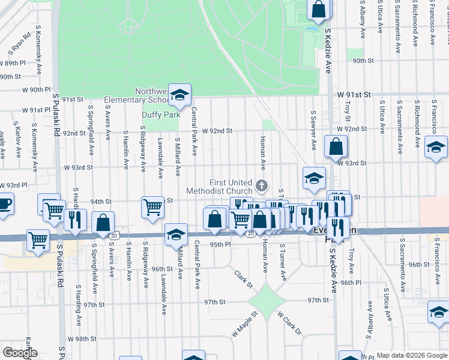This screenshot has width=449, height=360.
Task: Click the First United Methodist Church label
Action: click(230, 187)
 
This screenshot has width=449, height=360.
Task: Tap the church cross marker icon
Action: click(261, 185)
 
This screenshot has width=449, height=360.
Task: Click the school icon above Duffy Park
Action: click(179, 95)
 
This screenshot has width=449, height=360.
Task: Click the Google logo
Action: click(19, 353)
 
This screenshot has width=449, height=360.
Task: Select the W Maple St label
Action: click(244, 323)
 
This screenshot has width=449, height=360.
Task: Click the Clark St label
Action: click(244, 279)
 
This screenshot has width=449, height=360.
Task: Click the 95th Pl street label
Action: click(220, 245)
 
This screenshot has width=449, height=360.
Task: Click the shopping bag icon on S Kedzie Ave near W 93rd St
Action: click(336, 146)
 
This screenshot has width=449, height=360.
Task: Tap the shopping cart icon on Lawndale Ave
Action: click(153, 208)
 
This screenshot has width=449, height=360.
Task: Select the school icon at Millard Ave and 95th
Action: click(176, 234)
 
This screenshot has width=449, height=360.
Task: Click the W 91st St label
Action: click(355, 95)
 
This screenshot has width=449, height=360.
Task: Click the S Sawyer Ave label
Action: click(313, 130)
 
